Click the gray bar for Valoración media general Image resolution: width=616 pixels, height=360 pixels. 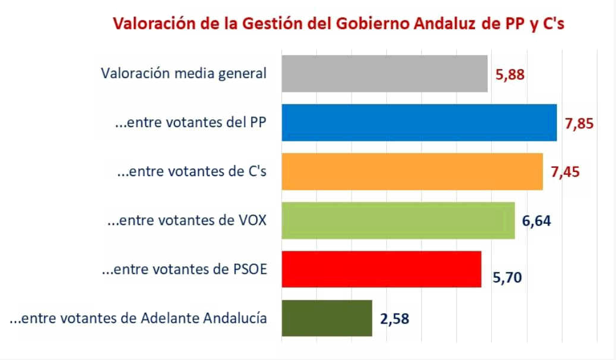(x=384, y=73)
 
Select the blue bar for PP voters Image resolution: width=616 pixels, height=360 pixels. (x=418, y=122)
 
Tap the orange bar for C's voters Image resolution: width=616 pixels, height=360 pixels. (x=411, y=172)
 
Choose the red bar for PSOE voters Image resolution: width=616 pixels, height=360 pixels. (x=381, y=269)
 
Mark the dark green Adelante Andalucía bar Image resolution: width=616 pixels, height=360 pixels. (x=327, y=318)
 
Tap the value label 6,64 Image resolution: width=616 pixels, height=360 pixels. (x=537, y=221)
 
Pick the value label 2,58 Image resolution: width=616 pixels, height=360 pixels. (x=395, y=318)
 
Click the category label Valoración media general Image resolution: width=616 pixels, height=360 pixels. (x=183, y=73)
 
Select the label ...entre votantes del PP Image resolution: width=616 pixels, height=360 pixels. (x=190, y=122)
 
